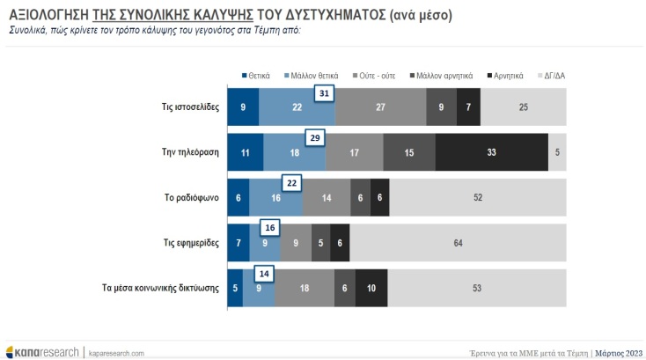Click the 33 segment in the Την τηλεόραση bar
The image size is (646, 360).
pyautogui.click(x=491, y=151)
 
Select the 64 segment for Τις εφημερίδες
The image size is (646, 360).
pyautogui.click(x=458, y=243)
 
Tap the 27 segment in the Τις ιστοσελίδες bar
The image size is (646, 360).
pyautogui.click(x=380, y=107)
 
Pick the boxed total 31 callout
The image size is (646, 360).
pyautogui.click(x=325, y=94)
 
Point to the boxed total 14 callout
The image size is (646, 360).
pyautogui.click(x=263, y=273)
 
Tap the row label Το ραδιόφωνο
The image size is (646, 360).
pyautogui.click(x=191, y=198)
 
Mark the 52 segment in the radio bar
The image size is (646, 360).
pyautogui.click(x=478, y=198)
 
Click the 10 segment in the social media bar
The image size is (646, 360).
pyautogui.click(x=371, y=289)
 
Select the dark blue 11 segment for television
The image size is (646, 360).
pyautogui.click(x=245, y=151)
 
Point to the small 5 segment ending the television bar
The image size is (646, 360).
pyautogui.click(x=558, y=151)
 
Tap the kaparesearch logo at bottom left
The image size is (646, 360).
pyautogui.click(x=42, y=352)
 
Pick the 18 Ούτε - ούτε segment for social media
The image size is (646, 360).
pyautogui.click(x=305, y=289)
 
